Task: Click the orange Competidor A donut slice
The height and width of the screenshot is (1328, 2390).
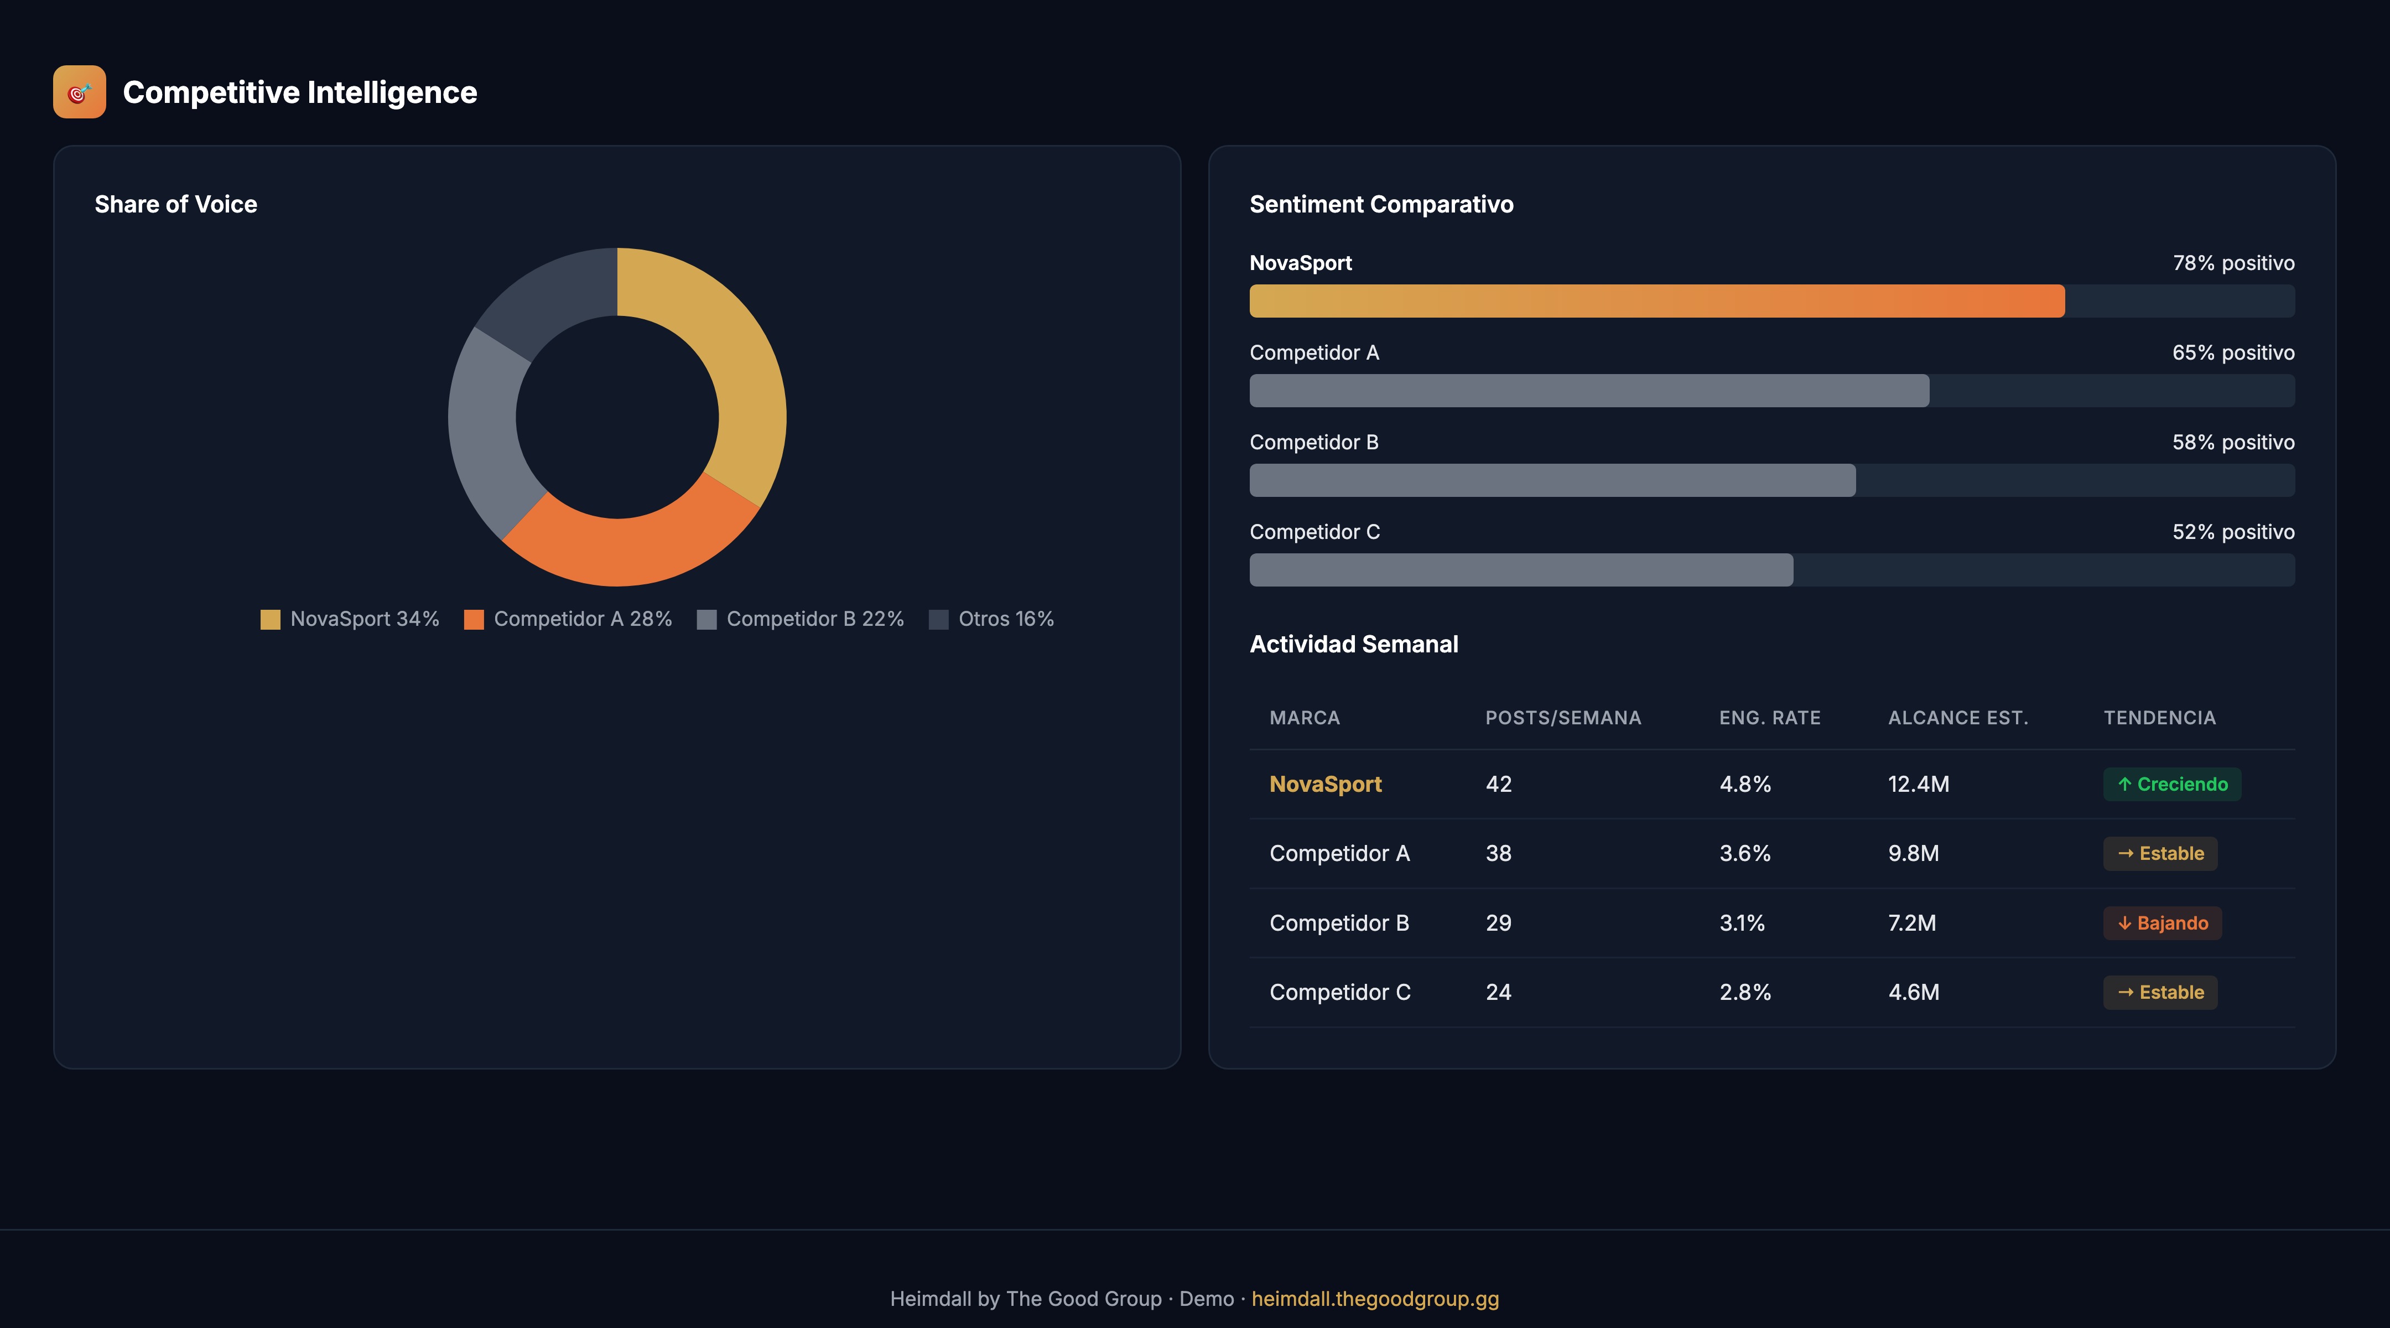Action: (x=631, y=548)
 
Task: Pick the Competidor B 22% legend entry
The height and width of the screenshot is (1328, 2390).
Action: (x=800, y=619)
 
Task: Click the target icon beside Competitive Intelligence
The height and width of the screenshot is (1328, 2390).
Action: (x=80, y=92)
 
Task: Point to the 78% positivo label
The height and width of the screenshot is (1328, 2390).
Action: (x=2233, y=263)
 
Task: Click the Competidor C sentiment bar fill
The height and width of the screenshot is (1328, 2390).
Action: (x=1521, y=570)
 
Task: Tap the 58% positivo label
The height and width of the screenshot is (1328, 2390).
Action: (x=2233, y=443)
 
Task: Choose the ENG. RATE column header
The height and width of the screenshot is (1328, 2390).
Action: (x=1769, y=717)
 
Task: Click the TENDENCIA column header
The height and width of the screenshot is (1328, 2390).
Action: (x=2159, y=717)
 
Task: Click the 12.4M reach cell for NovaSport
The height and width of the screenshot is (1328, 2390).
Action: (x=1918, y=784)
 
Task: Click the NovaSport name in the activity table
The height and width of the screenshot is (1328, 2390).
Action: (x=1325, y=784)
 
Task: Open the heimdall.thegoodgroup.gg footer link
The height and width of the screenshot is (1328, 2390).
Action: (x=1374, y=1298)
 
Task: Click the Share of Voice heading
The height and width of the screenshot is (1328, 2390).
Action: (x=175, y=204)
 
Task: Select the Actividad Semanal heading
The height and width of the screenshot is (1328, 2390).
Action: (x=1354, y=644)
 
